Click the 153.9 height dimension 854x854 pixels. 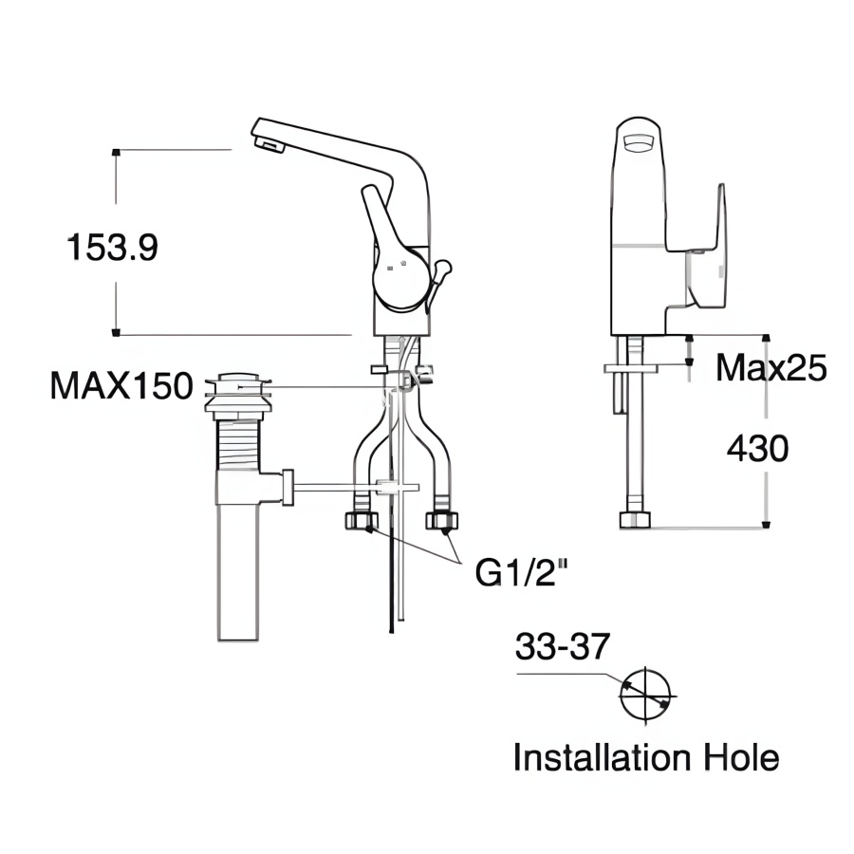pyautogui.click(x=112, y=248)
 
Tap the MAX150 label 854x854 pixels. pyautogui.click(x=121, y=386)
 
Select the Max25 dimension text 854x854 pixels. pyautogui.click(x=771, y=367)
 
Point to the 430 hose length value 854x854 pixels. pyautogui.click(x=757, y=448)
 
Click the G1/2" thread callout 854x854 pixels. pyautogui.click(x=521, y=572)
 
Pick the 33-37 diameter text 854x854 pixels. pyautogui.click(x=562, y=646)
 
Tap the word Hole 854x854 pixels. pyautogui.click(x=741, y=757)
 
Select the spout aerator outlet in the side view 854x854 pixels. pyautogui.click(x=269, y=144)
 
